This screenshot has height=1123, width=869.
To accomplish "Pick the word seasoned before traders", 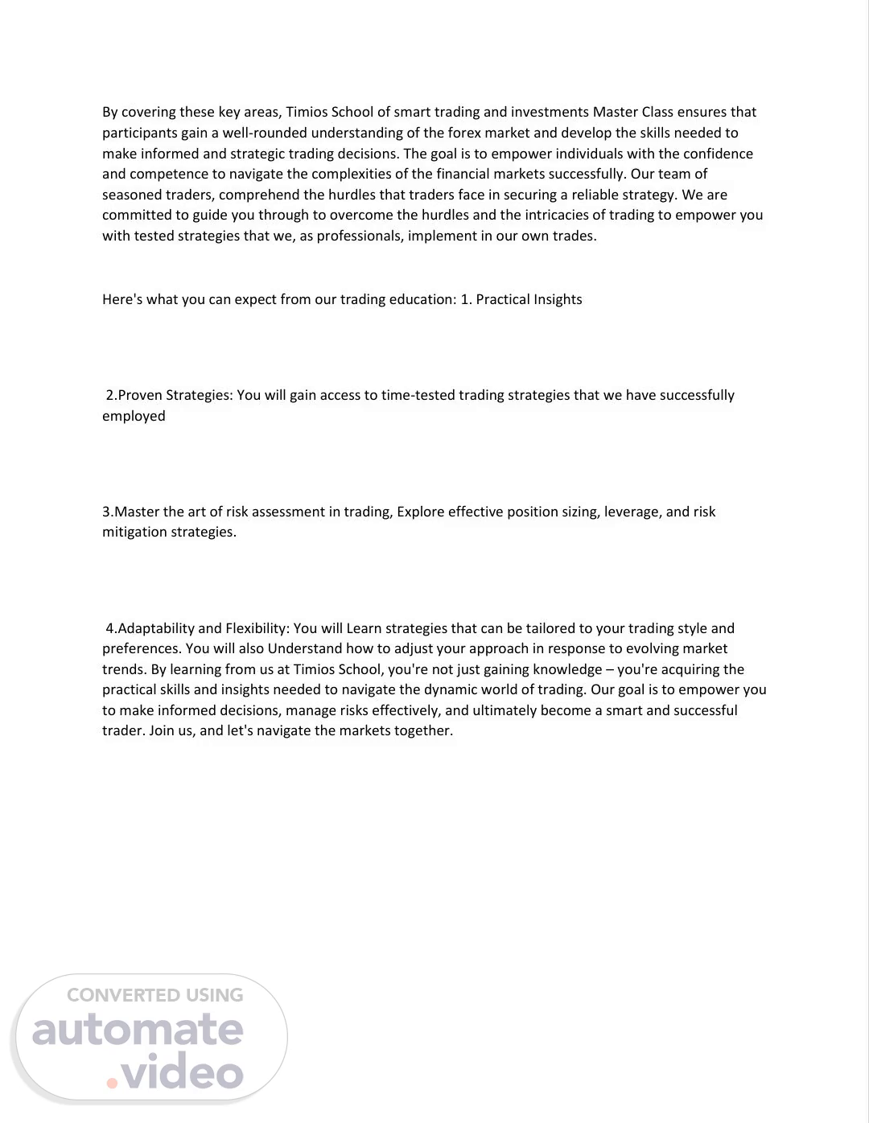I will point(132,195).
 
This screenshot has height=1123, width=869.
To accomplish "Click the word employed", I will point(134,416).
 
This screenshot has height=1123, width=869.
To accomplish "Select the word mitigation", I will point(134,532).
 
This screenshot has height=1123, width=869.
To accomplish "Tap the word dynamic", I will point(451,689).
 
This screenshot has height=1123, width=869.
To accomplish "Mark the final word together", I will point(423,730).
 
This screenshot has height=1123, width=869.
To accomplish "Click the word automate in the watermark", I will point(138,1030).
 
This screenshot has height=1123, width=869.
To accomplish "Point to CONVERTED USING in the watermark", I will point(154,995).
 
